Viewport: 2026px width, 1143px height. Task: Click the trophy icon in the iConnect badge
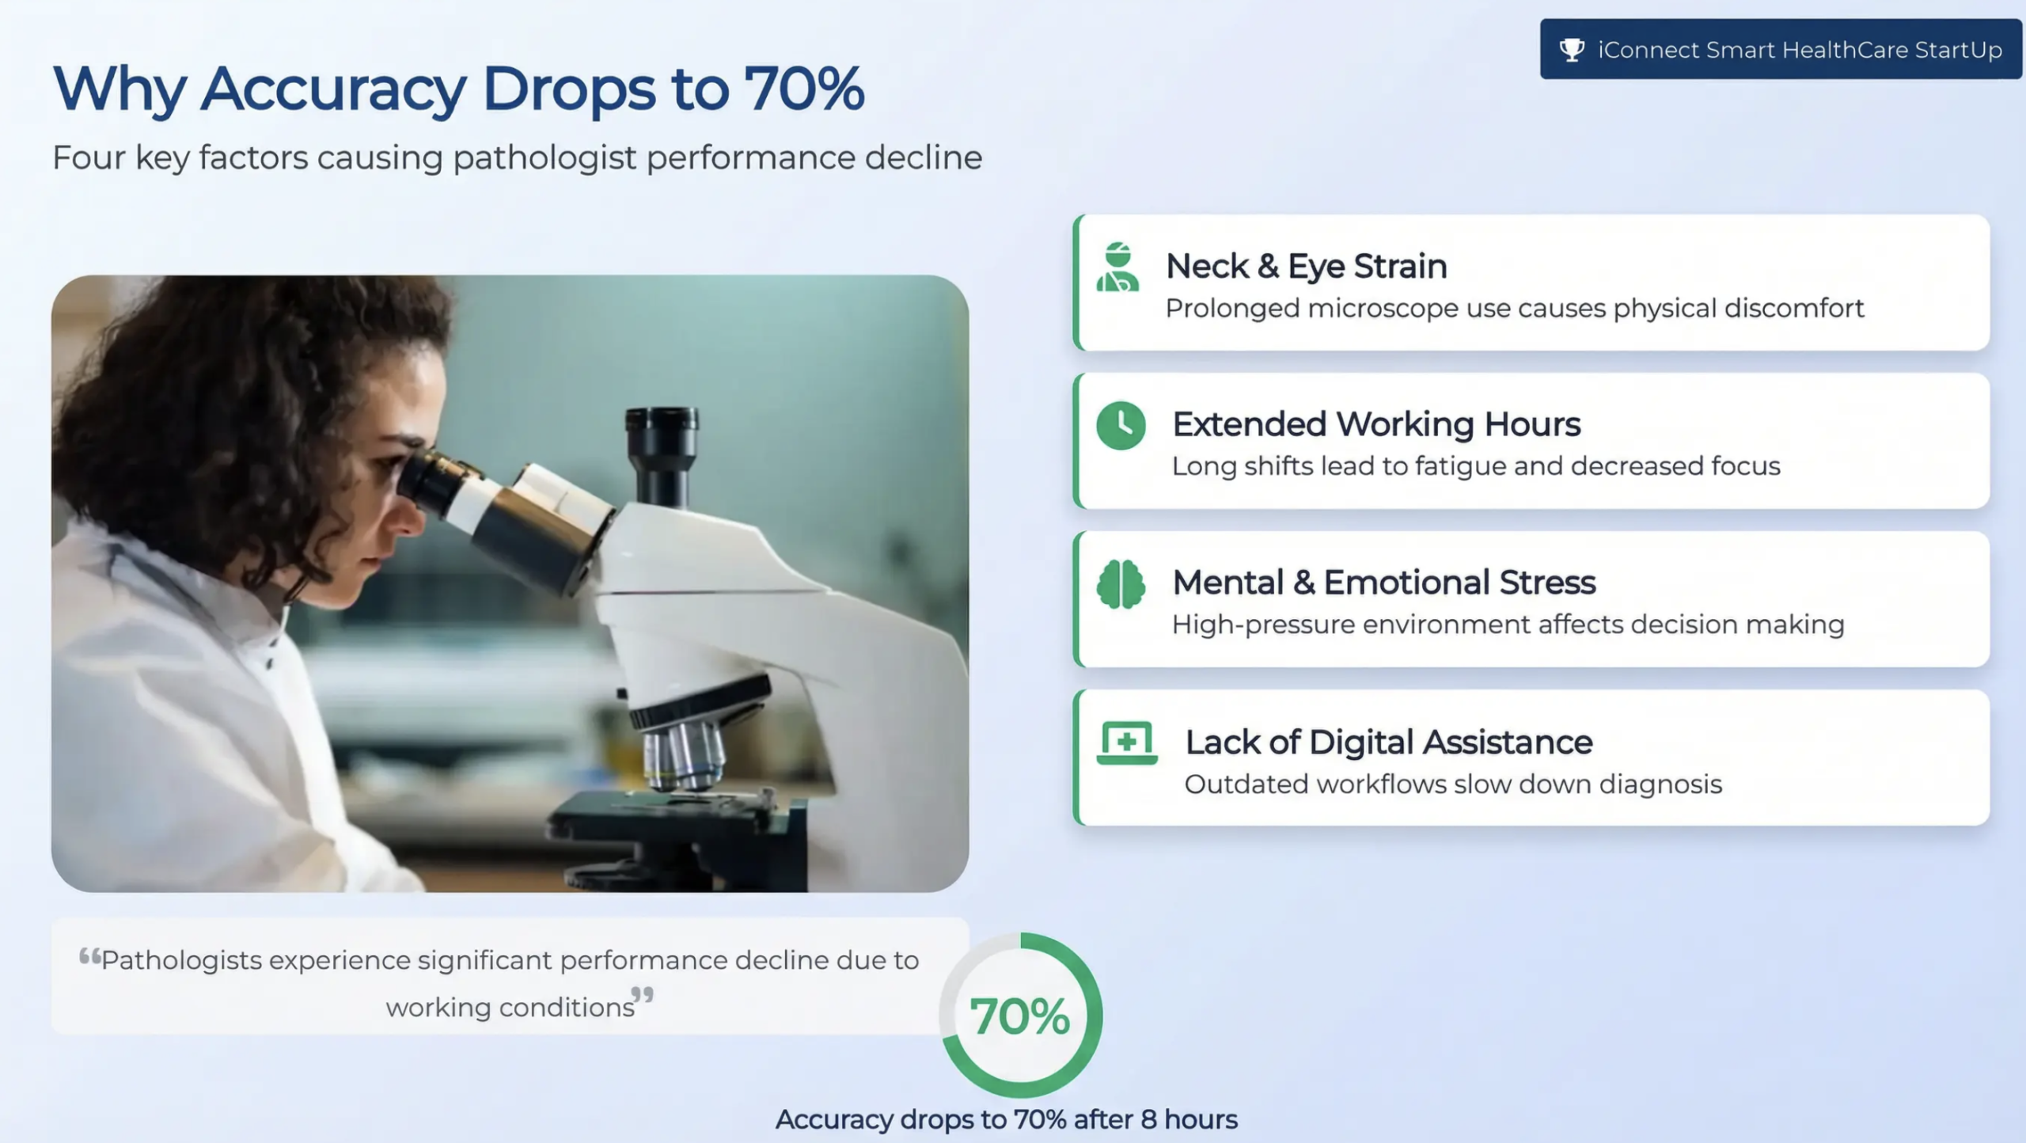pyautogui.click(x=1572, y=50)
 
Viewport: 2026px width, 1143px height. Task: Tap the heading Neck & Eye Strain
pyautogui.click(x=1307, y=266)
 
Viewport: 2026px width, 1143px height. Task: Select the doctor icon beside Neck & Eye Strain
pyautogui.click(x=1117, y=267)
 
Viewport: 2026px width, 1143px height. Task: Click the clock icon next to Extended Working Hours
pyautogui.click(x=1121, y=426)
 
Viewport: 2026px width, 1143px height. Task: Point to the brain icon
pyautogui.click(x=1121, y=584)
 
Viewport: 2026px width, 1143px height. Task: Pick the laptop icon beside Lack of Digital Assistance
pyautogui.click(x=1127, y=742)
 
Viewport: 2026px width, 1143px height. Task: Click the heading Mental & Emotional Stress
pyautogui.click(x=1384, y=583)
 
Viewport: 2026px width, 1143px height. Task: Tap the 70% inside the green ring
pyautogui.click(x=1020, y=1016)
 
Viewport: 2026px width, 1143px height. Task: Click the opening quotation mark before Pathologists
pyautogui.click(x=89, y=956)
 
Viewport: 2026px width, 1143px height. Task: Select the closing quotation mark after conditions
pyautogui.click(x=643, y=995)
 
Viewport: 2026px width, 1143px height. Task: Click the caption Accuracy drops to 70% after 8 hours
pyautogui.click(x=1007, y=1119)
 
